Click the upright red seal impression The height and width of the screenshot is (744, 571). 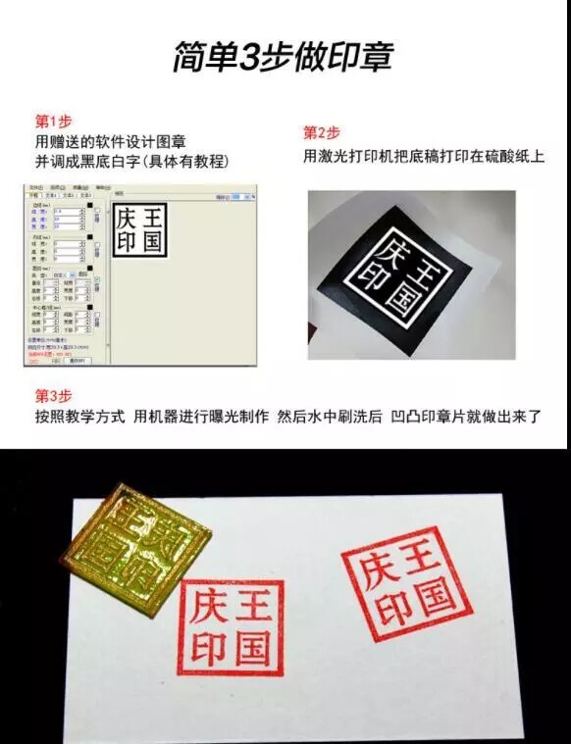click(x=231, y=627)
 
